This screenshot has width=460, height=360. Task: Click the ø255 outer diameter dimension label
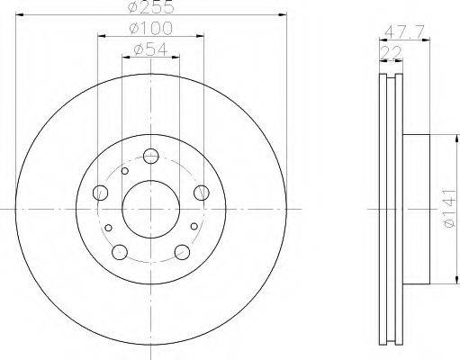pyautogui.click(x=151, y=6)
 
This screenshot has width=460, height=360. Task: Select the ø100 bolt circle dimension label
pyautogui.click(x=151, y=29)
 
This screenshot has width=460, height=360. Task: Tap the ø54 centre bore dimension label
pyautogui.click(x=150, y=49)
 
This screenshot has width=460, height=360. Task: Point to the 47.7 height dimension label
pyautogui.click(x=404, y=31)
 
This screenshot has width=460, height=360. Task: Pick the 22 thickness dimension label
pyautogui.click(x=391, y=53)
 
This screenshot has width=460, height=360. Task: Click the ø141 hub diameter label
pyautogui.click(x=450, y=208)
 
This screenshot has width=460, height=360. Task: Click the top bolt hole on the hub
pyautogui.click(x=150, y=156)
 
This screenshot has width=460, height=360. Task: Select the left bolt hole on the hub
pyautogui.click(x=100, y=193)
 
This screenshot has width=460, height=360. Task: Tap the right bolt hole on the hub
pyautogui.click(x=202, y=193)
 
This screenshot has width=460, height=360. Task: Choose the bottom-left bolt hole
pyautogui.click(x=120, y=252)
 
